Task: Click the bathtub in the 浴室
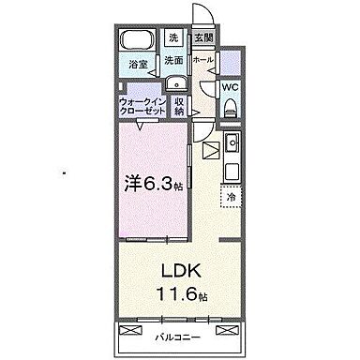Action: point(138,42)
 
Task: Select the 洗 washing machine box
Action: point(173,38)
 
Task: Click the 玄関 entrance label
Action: point(202,38)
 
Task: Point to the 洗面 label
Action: point(173,61)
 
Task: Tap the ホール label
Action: point(202,61)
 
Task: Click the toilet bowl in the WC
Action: point(231,107)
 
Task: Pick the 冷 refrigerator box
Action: point(231,199)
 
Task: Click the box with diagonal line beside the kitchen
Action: point(207,148)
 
